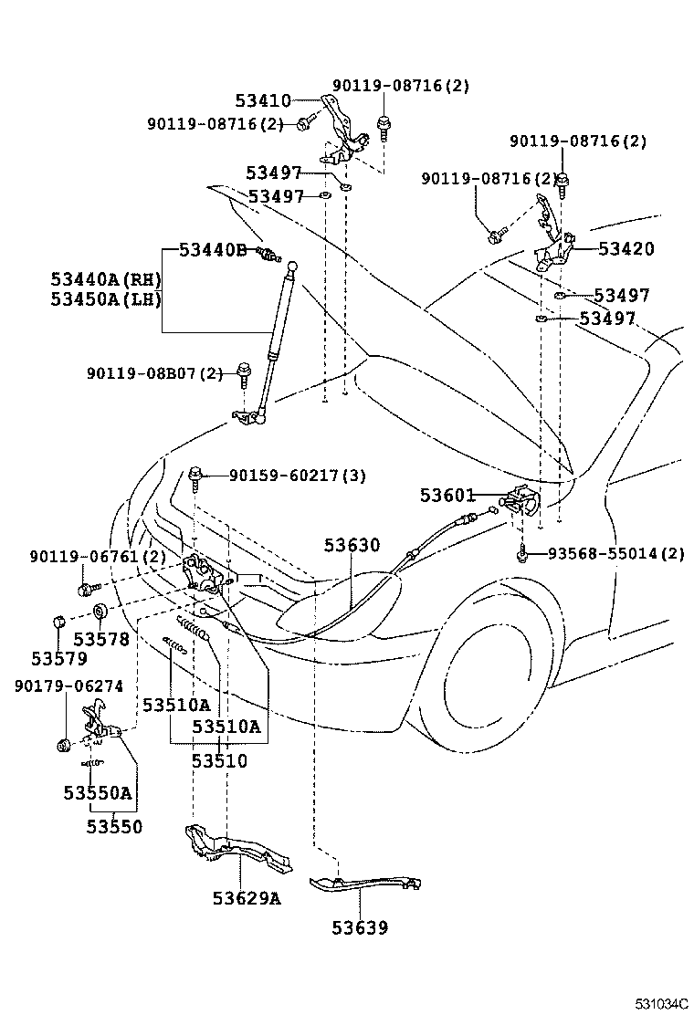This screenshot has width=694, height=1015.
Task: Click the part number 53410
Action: coord(263,101)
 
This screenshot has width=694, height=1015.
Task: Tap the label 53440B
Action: coord(213,249)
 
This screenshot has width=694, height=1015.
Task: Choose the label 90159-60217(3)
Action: coord(298,475)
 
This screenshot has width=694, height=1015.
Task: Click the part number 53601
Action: coord(447,496)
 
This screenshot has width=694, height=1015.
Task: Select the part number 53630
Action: coord(352,545)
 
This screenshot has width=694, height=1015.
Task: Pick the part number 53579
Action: coord(58,657)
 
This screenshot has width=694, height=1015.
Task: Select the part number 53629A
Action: coord(247,898)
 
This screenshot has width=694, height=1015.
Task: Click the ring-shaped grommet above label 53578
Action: coord(100,612)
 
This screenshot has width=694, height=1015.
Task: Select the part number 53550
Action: coord(114,827)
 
